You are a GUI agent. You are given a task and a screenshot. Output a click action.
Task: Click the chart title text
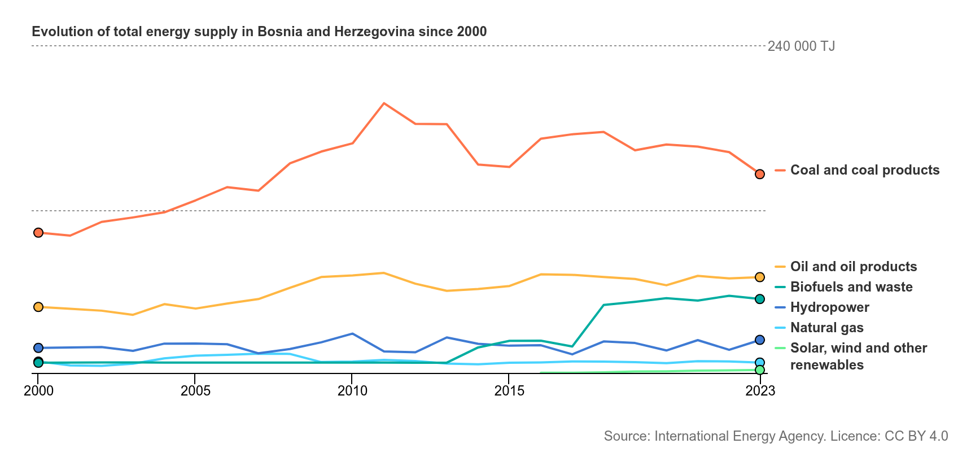click(x=259, y=31)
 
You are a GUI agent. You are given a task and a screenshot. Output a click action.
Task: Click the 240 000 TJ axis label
click(x=801, y=46)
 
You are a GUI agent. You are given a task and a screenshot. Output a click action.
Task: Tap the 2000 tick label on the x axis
click(x=38, y=390)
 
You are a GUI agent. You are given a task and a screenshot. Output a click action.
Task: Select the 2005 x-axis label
click(x=195, y=390)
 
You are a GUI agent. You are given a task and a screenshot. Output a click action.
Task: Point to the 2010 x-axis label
click(x=352, y=390)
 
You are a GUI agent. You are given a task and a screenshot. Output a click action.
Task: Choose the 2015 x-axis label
click(x=509, y=390)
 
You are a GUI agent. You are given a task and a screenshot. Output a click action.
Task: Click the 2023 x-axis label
click(x=760, y=390)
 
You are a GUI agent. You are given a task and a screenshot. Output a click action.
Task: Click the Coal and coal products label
click(x=865, y=170)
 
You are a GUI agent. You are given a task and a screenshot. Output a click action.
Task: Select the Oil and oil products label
click(x=854, y=267)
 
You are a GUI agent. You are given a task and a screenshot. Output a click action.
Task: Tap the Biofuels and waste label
click(x=851, y=287)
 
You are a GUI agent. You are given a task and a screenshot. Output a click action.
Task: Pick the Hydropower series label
click(x=830, y=307)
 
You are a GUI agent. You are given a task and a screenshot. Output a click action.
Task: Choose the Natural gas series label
click(x=827, y=328)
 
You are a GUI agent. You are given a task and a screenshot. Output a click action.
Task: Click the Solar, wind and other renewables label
click(x=859, y=357)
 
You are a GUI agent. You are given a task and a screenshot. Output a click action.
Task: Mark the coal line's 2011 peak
click(x=384, y=103)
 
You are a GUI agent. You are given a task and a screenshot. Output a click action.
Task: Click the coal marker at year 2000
click(x=38, y=233)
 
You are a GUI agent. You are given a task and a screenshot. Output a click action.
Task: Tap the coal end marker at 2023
click(x=760, y=174)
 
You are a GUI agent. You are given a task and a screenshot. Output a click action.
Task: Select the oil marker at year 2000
click(x=38, y=307)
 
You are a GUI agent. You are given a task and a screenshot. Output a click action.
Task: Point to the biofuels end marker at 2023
click(x=760, y=299)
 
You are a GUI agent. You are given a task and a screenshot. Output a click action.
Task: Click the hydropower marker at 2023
click(x=760, y=340)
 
